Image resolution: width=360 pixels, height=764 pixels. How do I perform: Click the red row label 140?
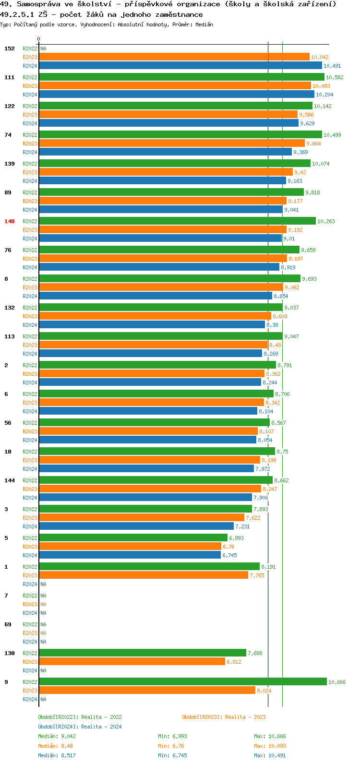(x=10, y=221)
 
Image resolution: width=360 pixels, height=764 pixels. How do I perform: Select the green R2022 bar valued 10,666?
(x=182, y=681)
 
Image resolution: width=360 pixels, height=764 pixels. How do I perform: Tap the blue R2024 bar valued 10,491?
(x=180, y=66)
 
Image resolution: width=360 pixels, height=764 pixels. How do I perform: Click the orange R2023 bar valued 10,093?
(x=175, y=86)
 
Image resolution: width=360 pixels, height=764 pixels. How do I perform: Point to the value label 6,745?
(x=229, y=555)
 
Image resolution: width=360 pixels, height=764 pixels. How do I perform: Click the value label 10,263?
(x=326, y=221)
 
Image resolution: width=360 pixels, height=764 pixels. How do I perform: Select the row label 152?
(x=10, y=48)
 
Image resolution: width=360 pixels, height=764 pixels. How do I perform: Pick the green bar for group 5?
(x=133, y=537)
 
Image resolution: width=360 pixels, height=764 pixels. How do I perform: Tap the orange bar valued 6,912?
(x=132, y=661)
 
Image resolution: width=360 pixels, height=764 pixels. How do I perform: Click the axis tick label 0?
(x=39, y=39)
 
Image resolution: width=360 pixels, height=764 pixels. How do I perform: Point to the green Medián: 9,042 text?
(x=57, y=736)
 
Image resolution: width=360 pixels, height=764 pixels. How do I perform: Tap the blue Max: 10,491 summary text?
(x=270, y=755)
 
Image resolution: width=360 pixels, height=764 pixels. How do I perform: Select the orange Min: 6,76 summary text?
(x=171, y=746)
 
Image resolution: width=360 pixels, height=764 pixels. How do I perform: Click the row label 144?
(x=10, y=480)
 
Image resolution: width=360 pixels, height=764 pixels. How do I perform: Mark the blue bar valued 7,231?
(x=136, y=526)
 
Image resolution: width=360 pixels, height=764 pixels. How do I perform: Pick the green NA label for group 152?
(x=43, y=48)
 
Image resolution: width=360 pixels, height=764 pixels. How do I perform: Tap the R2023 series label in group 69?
(x=30, y=633)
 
